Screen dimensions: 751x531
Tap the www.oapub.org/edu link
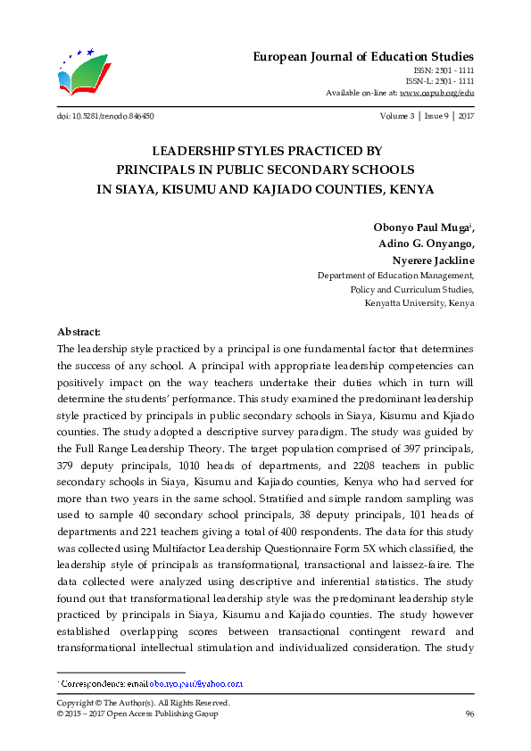click(x=436, y=93)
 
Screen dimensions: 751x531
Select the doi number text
click(x=104, y=117)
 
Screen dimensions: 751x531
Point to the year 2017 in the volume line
click(x=465, y=117)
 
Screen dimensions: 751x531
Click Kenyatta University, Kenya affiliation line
click(x=419, y=303)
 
